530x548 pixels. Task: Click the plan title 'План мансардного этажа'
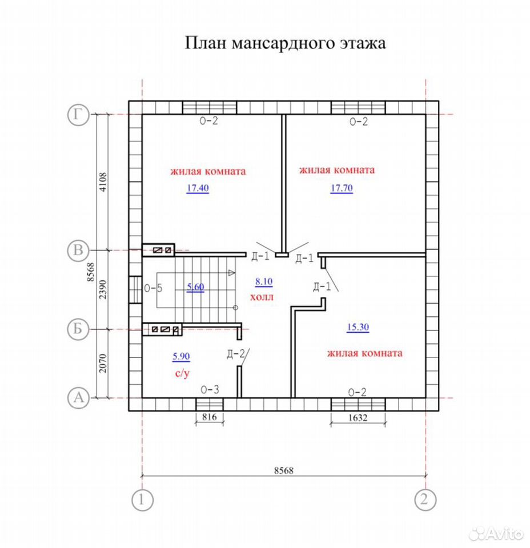tap(285, 43)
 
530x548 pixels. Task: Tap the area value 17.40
tap(198, 188)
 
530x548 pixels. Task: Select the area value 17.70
tap(342, 188)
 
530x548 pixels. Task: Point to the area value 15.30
tap(358, 327)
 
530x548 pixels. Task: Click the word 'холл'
tap(262, 297)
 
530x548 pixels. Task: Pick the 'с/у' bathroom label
tap(182, 373)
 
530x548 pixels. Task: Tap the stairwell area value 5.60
tap(195, 287)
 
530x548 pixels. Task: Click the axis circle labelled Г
tap(78, 114)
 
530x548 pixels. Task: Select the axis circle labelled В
tap(78, 250)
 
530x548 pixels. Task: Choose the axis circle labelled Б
tap(78, 329)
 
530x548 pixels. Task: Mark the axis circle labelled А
tap(78, 398)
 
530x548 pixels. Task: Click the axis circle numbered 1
tap(142, 500)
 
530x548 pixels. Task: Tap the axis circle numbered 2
tap(425, 499)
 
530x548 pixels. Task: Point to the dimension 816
tap(209, 417)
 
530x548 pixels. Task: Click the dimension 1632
tap(358, 418)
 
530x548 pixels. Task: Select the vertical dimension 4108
tap(103, 182)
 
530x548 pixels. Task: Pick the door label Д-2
tap(236, 354)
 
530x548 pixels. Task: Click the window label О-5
tap(153, 288)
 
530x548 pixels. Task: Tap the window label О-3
tap(210, 389)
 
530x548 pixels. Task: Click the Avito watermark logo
tap(496, 534)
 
